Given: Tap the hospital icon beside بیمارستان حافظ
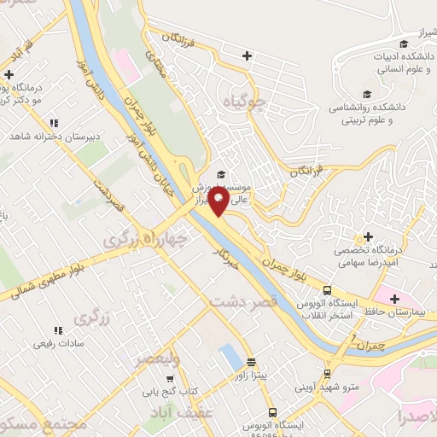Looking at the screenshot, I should click(x=393, y=299).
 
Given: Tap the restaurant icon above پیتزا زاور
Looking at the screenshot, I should click(x=250, y=361).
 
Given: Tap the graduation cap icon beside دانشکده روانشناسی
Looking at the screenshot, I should click(x=367, y=95).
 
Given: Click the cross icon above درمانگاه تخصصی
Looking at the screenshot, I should click(x=368, y=213).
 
